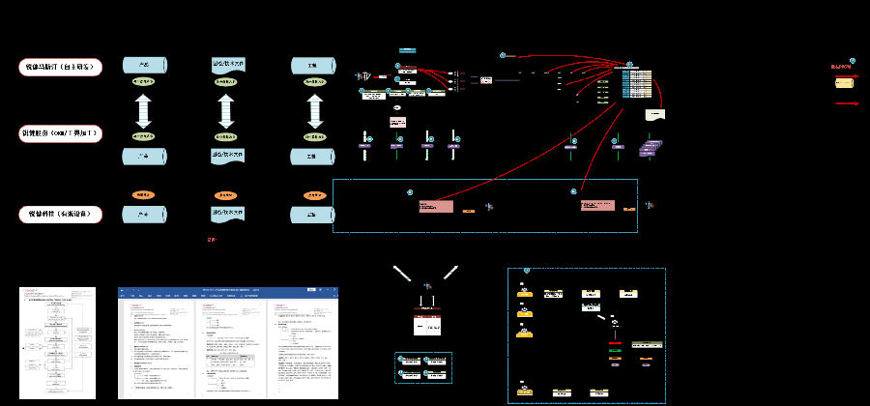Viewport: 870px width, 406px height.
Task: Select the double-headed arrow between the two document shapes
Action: (227, 110)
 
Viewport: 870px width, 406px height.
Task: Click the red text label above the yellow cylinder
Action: (843, 67)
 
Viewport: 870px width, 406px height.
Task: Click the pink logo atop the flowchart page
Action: (30, 289)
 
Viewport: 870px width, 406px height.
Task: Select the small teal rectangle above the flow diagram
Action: (407, 49)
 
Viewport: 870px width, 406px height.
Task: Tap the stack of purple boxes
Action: (652, 147)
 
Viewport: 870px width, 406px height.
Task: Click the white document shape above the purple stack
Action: (655, 114)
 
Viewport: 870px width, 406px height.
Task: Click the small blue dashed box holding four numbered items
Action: (423, 367)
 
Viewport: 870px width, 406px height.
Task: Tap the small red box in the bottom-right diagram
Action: (615, 342)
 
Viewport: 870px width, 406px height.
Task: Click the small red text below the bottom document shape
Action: (212, 240)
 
